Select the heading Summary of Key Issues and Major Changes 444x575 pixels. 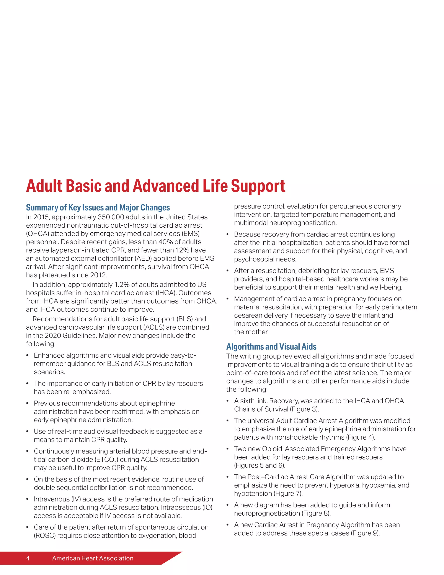[98, 208]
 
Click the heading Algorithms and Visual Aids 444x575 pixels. [271, 347]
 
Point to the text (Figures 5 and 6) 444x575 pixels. [260, 465]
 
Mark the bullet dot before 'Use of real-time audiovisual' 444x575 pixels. [27, 432]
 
